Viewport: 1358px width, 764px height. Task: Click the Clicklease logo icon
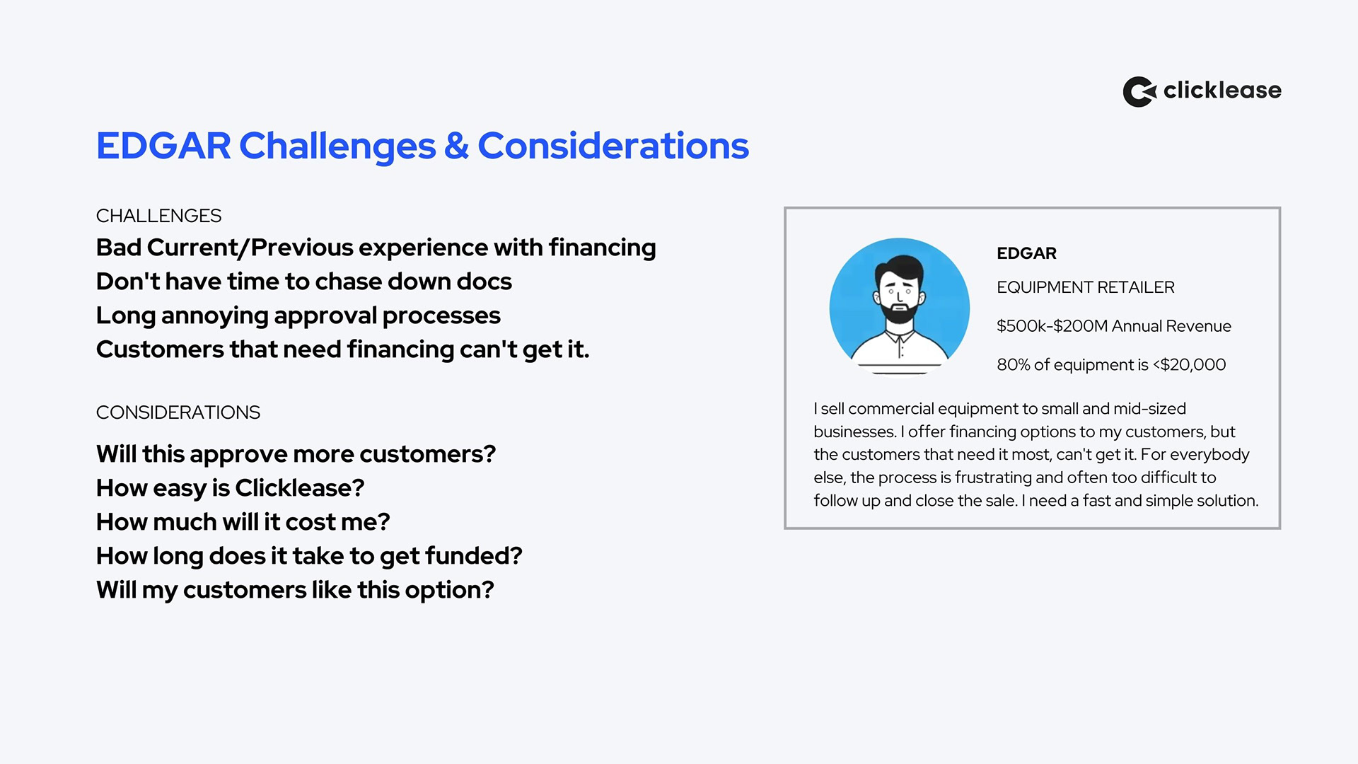click(1139, 91)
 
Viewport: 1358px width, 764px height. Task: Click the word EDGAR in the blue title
click(163, 146)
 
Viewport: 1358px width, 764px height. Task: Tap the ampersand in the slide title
click(456, 146)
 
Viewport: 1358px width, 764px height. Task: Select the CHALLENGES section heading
click(158, 216)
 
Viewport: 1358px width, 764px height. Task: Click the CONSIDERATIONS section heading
click(178, 412)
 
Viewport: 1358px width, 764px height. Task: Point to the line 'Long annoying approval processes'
click(298, 316)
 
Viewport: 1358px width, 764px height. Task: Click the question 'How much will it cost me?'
click(243, 522)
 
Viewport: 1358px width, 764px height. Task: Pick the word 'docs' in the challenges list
click(484, 282)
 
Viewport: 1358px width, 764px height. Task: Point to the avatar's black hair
click(899, 267)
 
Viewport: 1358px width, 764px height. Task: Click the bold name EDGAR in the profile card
click(1026, 253)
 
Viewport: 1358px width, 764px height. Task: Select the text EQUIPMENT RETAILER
click(1086, 287)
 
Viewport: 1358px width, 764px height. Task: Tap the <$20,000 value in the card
click(1190, 365)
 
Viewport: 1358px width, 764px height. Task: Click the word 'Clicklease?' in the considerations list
click(300, 488)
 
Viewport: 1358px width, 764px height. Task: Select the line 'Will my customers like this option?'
click(295, 590)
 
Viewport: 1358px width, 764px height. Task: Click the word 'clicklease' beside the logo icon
click(1222, 91)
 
